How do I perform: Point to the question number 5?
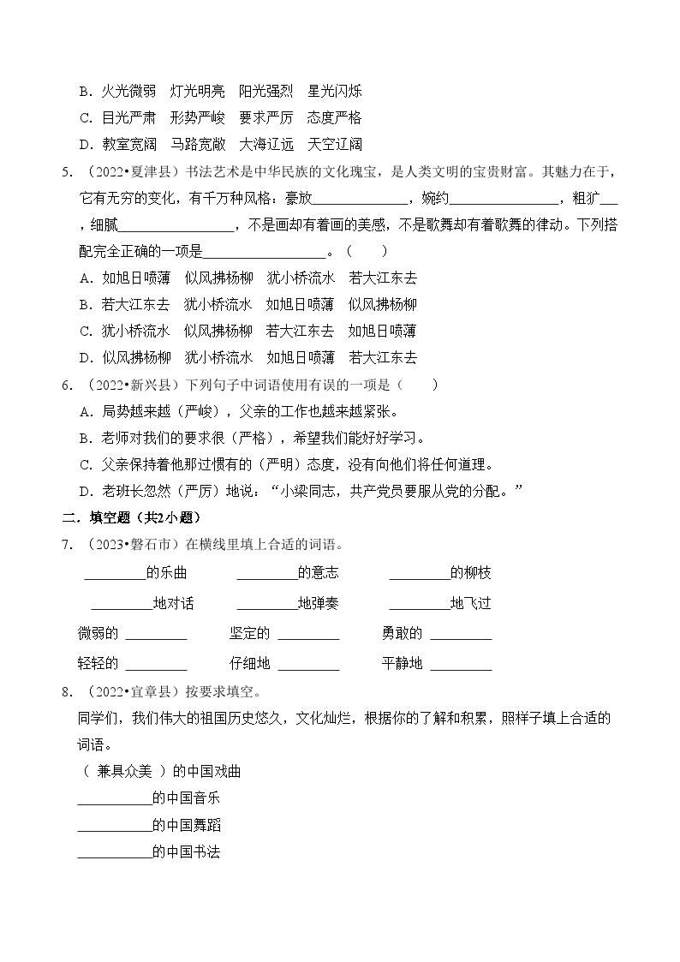point(66,171)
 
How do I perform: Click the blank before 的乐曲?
point(115,574)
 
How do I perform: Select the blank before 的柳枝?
point(419,574)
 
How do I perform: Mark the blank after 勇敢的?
point(461,635)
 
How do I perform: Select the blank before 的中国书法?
point(114,853)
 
